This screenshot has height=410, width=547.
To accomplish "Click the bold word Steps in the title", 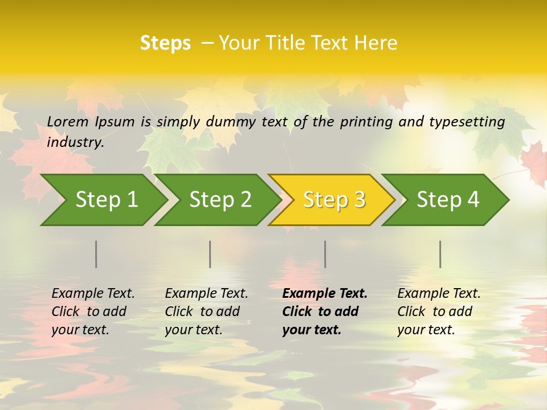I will click(165, 43).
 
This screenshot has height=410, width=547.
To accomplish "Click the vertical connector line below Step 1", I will click(96, 254).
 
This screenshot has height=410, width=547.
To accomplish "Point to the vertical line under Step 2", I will click(210, 254).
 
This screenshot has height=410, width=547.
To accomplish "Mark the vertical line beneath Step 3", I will click(325, 254).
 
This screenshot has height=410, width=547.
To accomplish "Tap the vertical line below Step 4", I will click(440, 254).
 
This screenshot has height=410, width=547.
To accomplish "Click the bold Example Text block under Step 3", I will click(325, 311).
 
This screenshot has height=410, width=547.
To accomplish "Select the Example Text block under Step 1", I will click(93, 311).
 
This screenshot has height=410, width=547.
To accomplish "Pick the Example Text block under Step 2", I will click(206, 311).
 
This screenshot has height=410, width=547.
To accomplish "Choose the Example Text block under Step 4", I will click(439, 311).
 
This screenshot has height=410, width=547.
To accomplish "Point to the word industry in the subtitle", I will click(75, 142).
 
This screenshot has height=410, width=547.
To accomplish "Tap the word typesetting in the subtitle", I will click(467, 122).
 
